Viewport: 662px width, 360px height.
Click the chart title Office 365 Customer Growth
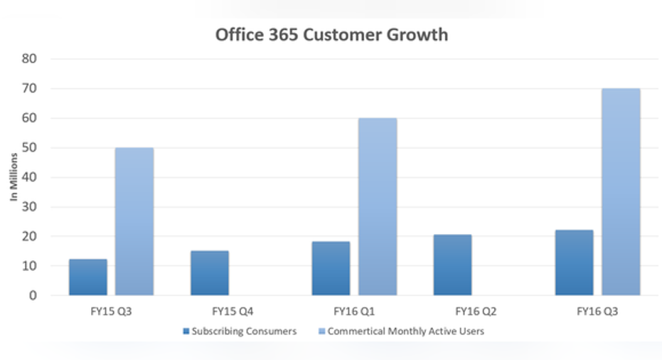332,34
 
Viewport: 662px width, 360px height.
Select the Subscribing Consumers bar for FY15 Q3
88,277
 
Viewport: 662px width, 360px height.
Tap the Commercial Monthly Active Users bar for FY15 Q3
134,221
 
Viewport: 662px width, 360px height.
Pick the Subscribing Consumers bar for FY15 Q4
210,273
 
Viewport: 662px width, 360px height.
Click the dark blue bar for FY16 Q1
331,268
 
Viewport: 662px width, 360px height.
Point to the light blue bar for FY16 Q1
378,206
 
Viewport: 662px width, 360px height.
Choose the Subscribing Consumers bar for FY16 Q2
452,265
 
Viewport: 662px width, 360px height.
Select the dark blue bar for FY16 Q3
574,263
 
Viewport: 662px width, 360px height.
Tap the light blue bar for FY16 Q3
621,192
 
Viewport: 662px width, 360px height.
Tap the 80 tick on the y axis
48,59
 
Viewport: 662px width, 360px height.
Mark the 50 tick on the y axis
48,148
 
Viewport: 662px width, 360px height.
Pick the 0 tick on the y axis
52,295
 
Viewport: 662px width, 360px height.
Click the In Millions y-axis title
14,177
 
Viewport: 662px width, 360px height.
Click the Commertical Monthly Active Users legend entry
406,331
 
